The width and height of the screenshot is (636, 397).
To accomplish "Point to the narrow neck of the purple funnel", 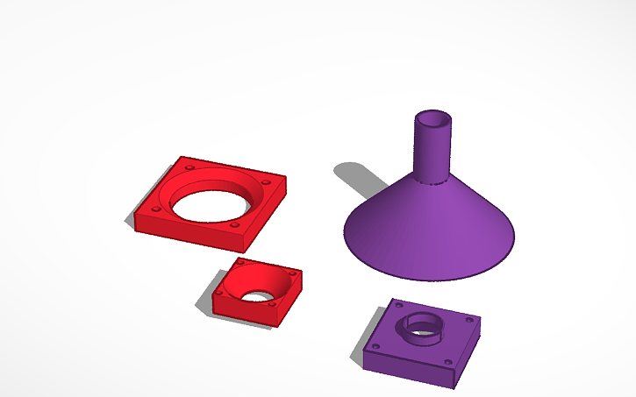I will (432, 153).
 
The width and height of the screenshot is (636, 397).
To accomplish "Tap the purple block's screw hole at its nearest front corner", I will (447, 360).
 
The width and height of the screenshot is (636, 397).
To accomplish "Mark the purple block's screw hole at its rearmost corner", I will (399, 306).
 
